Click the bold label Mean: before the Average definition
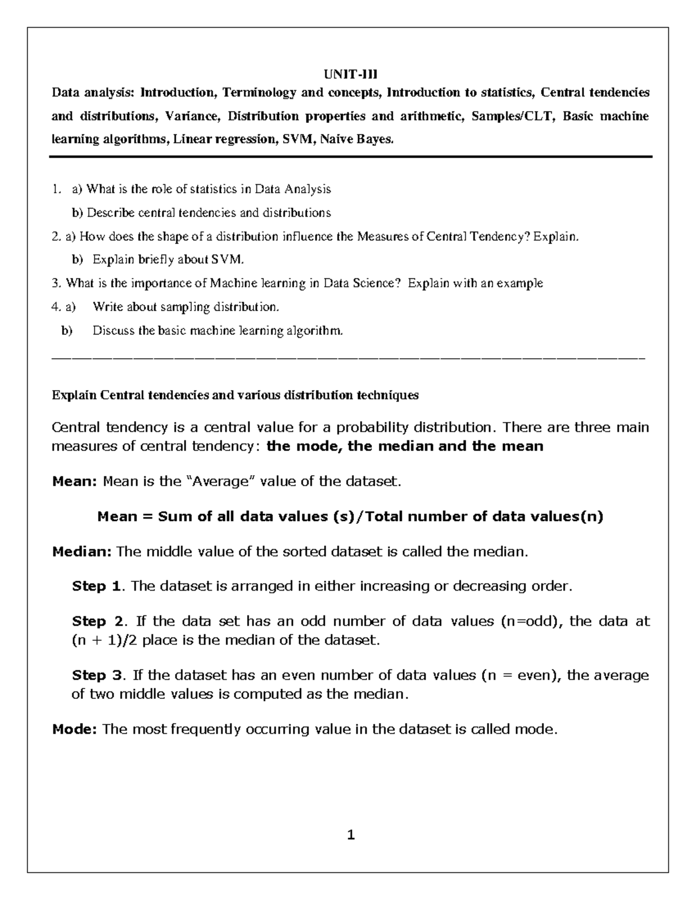point(74,481)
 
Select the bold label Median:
point(82,551)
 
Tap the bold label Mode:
point(74,729)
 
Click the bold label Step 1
point(96,586)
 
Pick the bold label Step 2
point(97,621)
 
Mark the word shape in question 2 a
point(152,236)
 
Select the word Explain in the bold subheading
point(74,395)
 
